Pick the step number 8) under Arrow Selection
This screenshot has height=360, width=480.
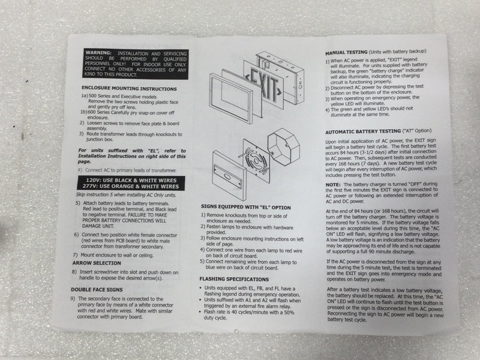tap(73, 272)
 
